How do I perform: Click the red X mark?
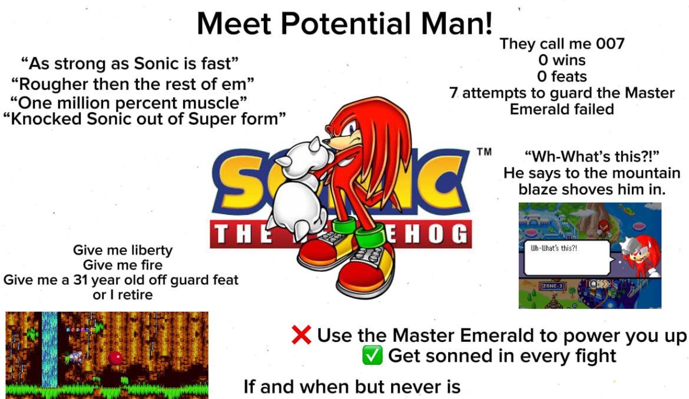[x=302, y=335]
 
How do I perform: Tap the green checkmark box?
[x=372, y=355]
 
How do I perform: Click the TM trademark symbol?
[x=484, y=152]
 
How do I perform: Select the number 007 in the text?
[x=610, y=44]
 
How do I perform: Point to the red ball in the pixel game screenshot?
[x=115, y=358]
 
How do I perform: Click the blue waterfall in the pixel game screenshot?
[x=49, y=350]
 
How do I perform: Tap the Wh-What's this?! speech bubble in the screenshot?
[x=567, y=257]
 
